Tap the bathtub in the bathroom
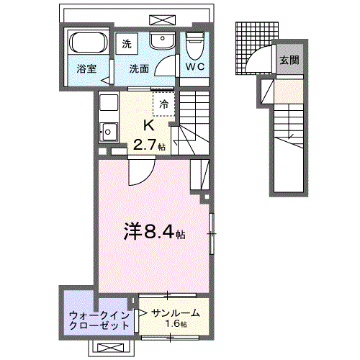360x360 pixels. [x=86, y=45]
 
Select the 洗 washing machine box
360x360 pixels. [x=128, y=44]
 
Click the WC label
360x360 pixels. [x=194, y=66]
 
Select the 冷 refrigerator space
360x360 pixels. [x=164, y=104]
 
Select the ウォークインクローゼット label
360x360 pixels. [x=99, y=320]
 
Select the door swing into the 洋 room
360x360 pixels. [x=140, y=172]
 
